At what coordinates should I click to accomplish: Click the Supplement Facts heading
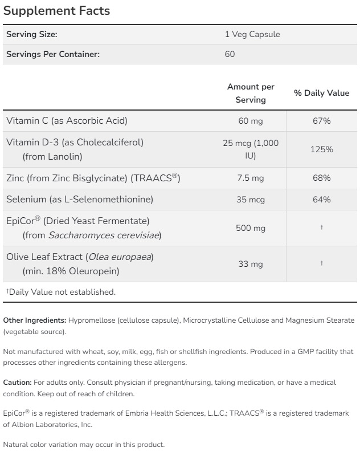click(x=57, y=11)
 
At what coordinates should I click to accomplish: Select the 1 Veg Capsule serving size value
click(x=252, y=34)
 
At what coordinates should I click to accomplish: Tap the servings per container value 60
click(x=230, y=54)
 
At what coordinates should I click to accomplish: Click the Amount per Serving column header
click(x=251, y=93)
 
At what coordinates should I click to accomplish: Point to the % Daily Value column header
click(x=321, y=93)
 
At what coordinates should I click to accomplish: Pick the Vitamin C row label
click(x=67, y=120)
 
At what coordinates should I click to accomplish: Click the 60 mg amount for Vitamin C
click(x=251, y=121)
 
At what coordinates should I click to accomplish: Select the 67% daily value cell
click(x=321, y=121)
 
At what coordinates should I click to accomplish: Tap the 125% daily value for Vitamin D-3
click(x=321, y=149)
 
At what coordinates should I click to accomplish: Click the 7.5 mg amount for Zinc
click(x=251, y=178)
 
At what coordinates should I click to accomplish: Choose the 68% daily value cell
click(x=321, y=178)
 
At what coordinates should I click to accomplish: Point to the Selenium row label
click(x=80, y=199)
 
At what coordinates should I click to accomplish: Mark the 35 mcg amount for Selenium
click(x=251, y=199)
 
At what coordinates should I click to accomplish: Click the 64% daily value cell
click(x=321, y=199)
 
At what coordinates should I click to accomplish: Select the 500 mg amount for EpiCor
click(x=251, y=228)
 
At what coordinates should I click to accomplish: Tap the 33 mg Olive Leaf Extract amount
click(x=251, y=263)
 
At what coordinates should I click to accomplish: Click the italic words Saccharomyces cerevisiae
click(x=104, y=235)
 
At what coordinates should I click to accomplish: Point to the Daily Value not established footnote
click(x=61, y=292)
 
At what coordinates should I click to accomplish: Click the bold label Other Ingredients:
click(x=35, y=320)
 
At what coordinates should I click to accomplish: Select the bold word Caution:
click(x=17, y=382)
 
